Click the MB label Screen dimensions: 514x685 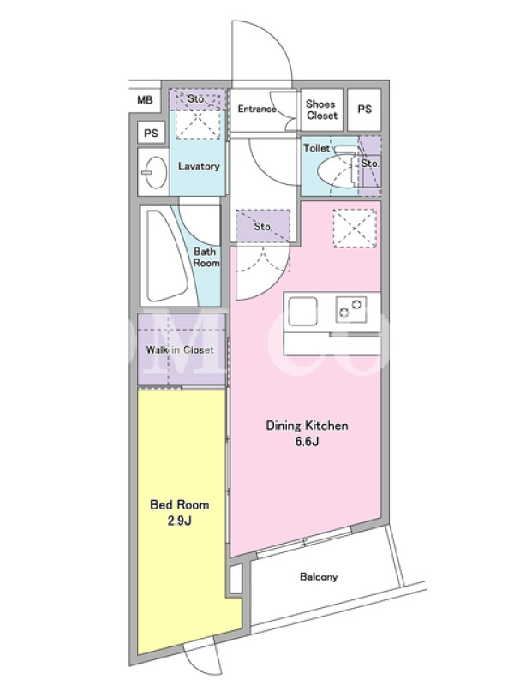[145, 100]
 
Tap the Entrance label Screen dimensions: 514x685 [257, 109]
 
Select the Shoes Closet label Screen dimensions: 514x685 [322, 110]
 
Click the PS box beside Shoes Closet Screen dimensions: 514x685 [365, 110]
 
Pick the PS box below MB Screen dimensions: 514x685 [151, 133]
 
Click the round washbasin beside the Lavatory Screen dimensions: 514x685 [153, 172]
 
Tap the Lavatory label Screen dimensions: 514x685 [199, 166]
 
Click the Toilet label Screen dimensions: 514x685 [317, 148]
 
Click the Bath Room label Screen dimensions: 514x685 [206, 258]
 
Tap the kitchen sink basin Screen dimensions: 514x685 [302, 311]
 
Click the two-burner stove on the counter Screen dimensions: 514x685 [351, 309]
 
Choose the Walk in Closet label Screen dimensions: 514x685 [180, 350]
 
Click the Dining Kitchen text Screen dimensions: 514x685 [308, 426]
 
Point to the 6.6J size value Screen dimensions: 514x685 [307, 441]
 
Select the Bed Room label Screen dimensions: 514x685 [180, 505]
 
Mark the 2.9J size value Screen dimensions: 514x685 [180, 521]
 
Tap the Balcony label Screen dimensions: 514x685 [319, 577]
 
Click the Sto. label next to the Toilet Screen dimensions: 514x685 [370, 164]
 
